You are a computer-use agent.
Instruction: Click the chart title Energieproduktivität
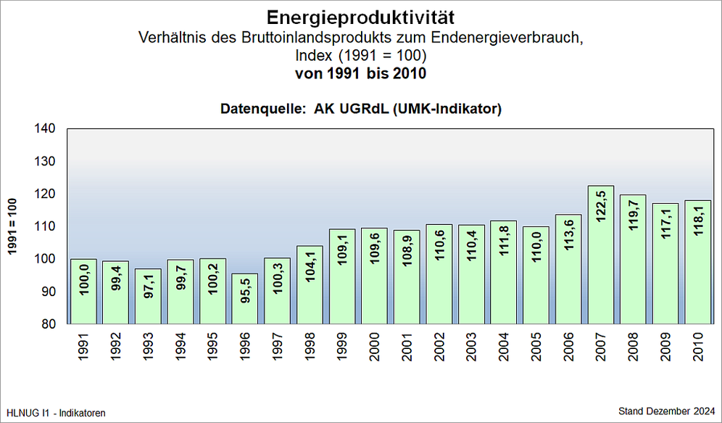pos(360,17)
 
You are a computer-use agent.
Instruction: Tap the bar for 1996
pos(245,298)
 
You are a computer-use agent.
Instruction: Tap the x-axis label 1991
pos(83,349)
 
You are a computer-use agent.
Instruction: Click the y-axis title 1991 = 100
pos(12,226)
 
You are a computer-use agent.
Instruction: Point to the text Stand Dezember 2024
pos(666,411)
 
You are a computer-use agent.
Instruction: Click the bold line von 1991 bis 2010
pos(360,73)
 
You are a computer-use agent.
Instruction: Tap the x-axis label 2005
pos(536,349)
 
